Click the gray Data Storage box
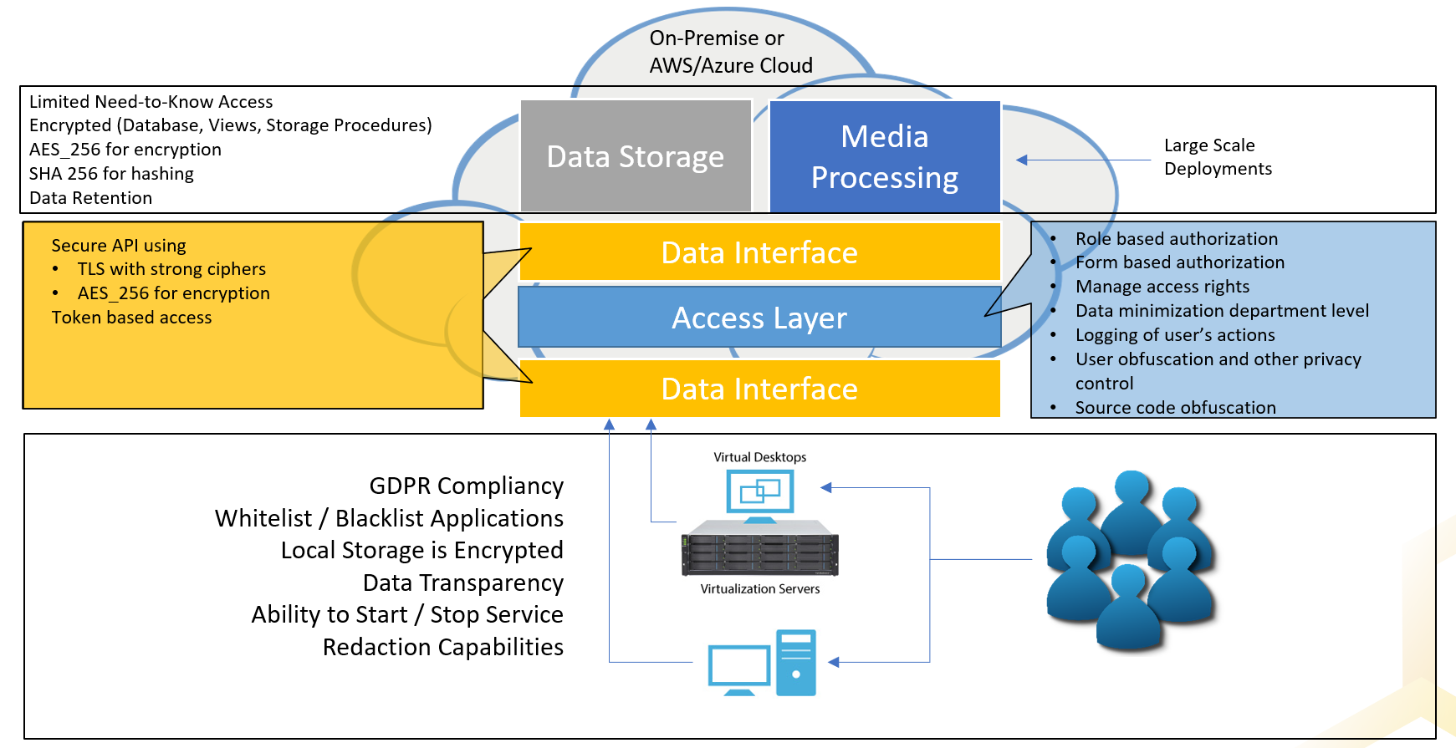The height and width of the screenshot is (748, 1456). coord(636,156)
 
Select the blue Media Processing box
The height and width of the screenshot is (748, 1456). coord(885,156)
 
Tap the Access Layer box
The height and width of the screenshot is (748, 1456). coord(759,318)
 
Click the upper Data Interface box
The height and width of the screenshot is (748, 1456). coord(759,252)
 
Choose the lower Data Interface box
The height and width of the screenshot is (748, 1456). coord(759,389)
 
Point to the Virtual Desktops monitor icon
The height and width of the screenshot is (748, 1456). coord(759,493)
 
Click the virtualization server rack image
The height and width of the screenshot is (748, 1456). coord(759,548)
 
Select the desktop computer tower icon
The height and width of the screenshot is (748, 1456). coord(795,663)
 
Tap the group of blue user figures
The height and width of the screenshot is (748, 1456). coord(1131,560)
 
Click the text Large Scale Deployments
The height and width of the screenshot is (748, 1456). coord(1218,157)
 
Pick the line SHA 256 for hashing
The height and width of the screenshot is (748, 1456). coord(111,174)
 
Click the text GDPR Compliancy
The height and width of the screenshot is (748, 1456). coord(466,486)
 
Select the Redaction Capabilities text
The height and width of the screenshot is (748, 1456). coord(442,647)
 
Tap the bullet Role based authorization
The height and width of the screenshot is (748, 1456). coord(1176,239)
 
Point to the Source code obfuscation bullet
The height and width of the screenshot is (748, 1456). coord(1175,408)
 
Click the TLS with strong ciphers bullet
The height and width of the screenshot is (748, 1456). coord(171,269)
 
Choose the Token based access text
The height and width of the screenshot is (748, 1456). coord(131,318)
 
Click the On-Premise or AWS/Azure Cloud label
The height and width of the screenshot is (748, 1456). coord(730,52)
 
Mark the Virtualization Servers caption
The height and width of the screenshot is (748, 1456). coord(759,589)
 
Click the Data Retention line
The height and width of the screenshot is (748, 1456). coord(90,198)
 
